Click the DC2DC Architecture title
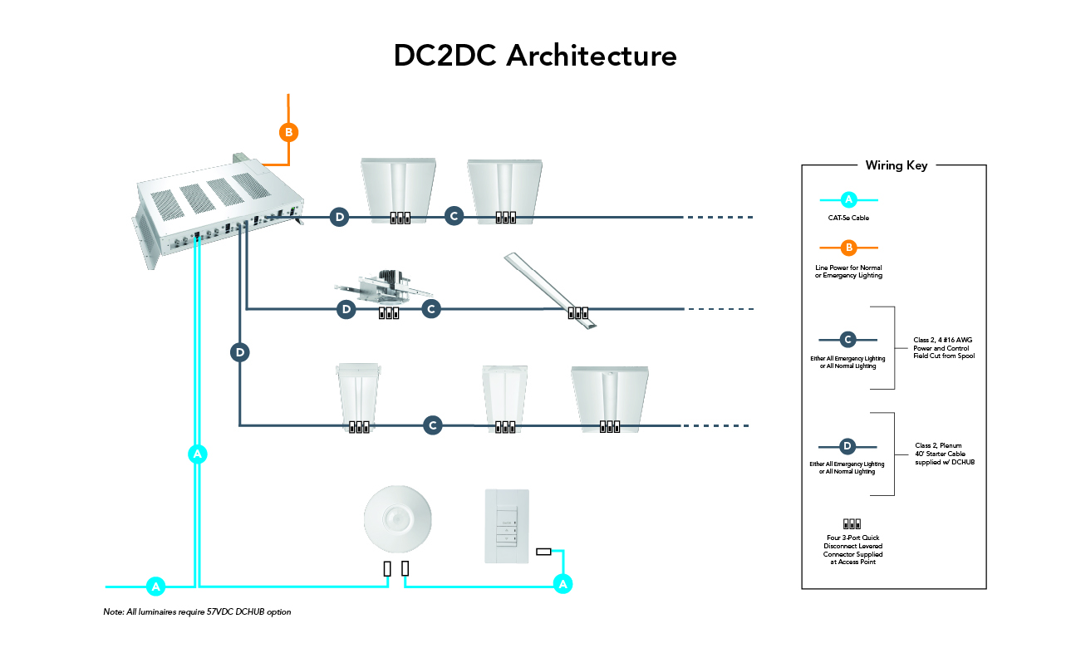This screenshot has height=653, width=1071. point(535,56)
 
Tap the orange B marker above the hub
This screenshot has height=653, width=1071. point(287,132)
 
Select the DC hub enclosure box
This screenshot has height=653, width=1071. point(220,208)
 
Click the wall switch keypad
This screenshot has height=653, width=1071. point(506,526)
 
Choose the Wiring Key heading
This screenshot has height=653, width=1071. point(896,165)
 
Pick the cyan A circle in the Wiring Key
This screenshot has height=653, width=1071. point(848,199)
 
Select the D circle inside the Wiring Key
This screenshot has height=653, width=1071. point(847,446)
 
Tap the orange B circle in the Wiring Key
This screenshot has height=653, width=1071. point(848,247)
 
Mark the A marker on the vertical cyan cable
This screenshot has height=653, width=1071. point(197,454)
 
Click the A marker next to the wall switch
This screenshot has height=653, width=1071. point(563,584)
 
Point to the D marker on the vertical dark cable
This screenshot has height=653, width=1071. point(239,352)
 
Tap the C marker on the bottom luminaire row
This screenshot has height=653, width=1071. point(432,425)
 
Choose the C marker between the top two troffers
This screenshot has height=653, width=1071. point(453,216)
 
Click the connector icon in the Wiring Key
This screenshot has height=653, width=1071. point(852,524)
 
